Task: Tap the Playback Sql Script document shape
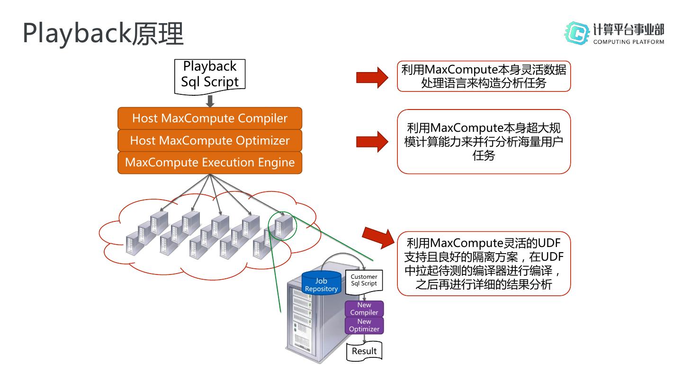210,74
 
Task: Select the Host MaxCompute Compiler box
210,118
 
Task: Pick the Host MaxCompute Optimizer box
210,140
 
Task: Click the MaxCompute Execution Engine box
210,163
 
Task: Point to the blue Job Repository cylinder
321,283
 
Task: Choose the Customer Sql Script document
364,281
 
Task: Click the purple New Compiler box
364,309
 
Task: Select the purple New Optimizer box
364,325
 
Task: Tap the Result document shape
364,351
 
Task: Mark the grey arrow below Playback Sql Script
210,101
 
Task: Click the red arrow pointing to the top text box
372,77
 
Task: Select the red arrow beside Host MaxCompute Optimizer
372,141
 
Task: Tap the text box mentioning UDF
484,264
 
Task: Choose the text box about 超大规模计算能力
484,142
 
